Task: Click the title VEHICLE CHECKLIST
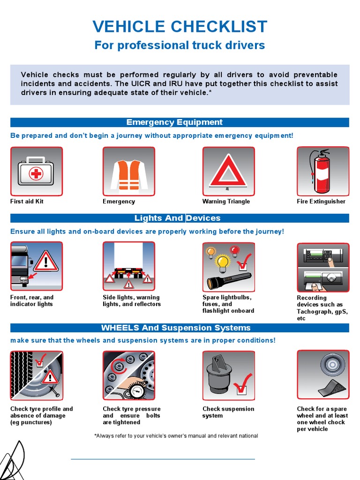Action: pyautogui.click(x=180, y=26)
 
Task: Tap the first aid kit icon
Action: pyautogui.click(x=37, y=172)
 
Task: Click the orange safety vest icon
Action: pyautogui.click(x=129, y=172)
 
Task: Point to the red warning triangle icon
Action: pyautogui.click(x=228, y=172)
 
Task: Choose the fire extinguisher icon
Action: pyautogui.click(x=323, y=172)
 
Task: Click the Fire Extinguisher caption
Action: pyautogui.click(x=321, y=202)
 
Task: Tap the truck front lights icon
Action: pyautogui.click(x=37, y=267)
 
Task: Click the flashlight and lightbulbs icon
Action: pyautogui.click(x=228, y=267)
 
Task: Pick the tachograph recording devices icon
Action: pyautogui.click(x=323, y=267)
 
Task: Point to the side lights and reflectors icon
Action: pyautogui.click(x=129, y=267)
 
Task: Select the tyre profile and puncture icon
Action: pyautogui.click(x=37, y=375)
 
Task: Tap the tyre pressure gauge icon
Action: pyautogui.click(x=129, y=375)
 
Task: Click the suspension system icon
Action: pyautogui.click(x=228, y=375)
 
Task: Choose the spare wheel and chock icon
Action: pyautogui.click(x=323, y=375)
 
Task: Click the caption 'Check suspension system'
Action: pyautogui.click(x=228, y=412)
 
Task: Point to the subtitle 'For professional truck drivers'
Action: pyautogui.click(x=180, y=45)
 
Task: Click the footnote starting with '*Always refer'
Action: pyautogui.click(x=176, y=436)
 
